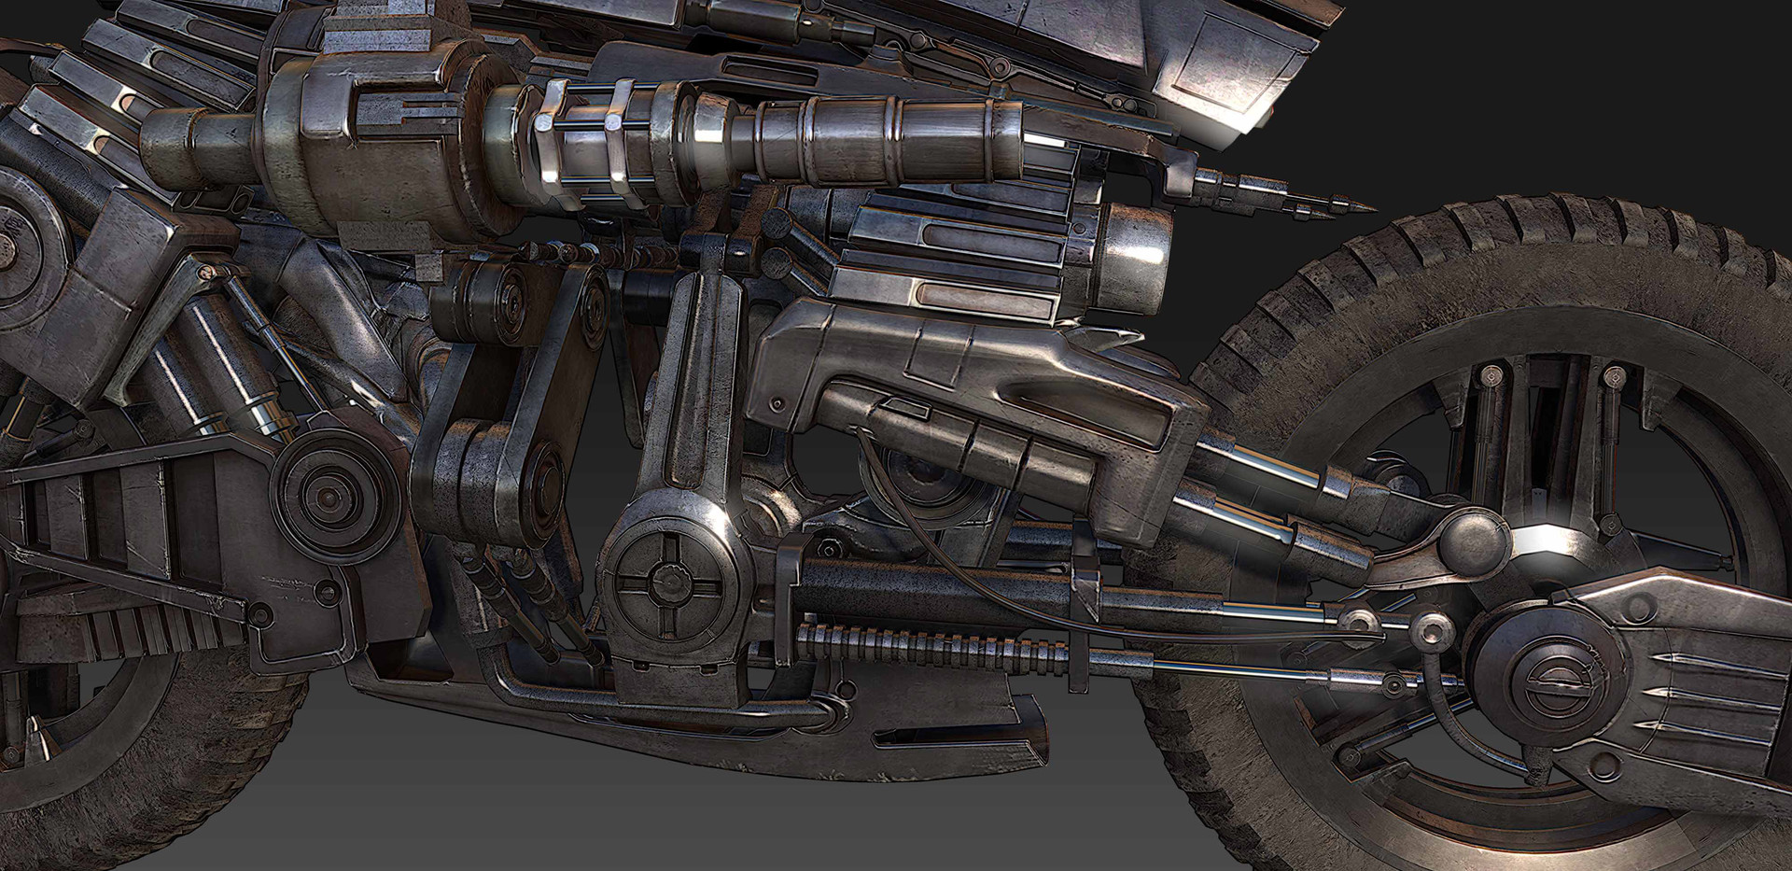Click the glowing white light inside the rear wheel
pyautogui.click(x=1538, y=544)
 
